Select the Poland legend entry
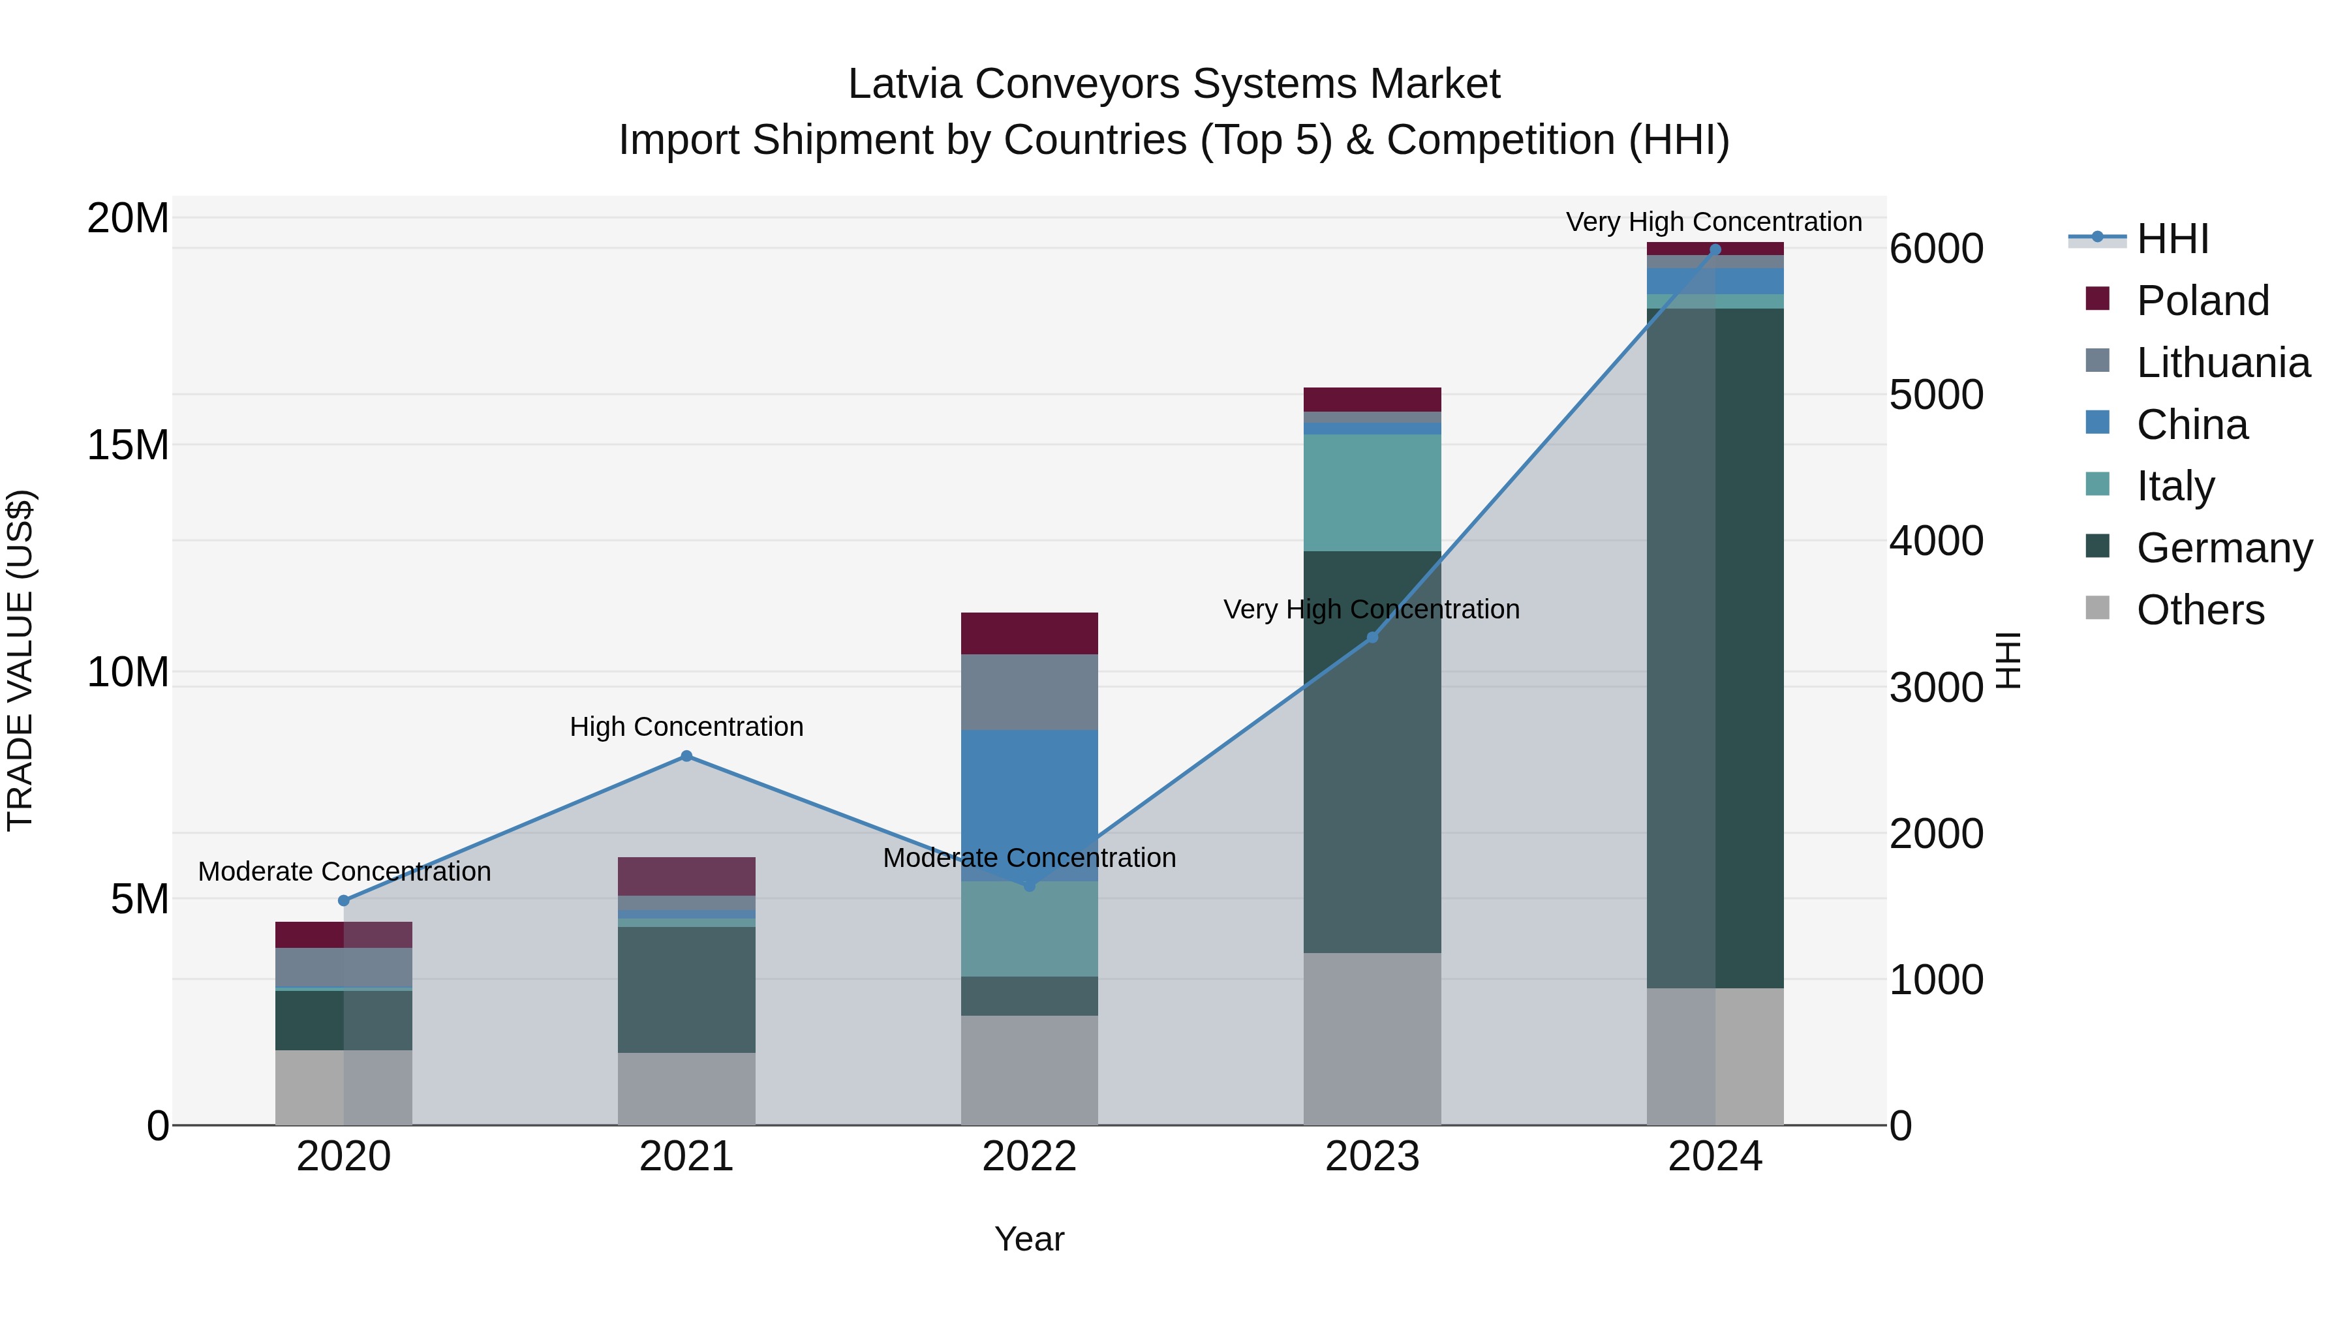click(2202, 300)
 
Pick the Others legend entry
click(2200, 609)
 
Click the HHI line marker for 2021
click(686, 756)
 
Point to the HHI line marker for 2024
click(1714, 249)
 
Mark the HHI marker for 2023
click(1372, 637)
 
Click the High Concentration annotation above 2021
click(686, 727)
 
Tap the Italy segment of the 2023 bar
click(1372, 493)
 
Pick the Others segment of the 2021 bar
click(686, 1089)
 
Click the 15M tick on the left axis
click(128, 445)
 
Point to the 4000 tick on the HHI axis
click(1935, 541)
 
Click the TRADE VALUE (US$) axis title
click(20, 660)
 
